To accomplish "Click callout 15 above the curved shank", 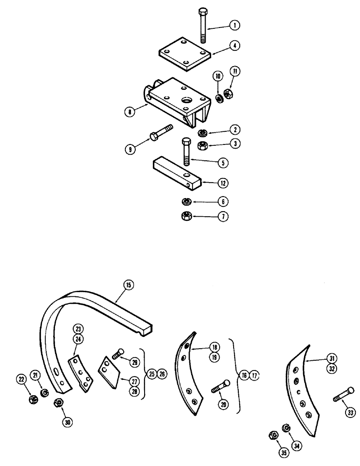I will (128, 284).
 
